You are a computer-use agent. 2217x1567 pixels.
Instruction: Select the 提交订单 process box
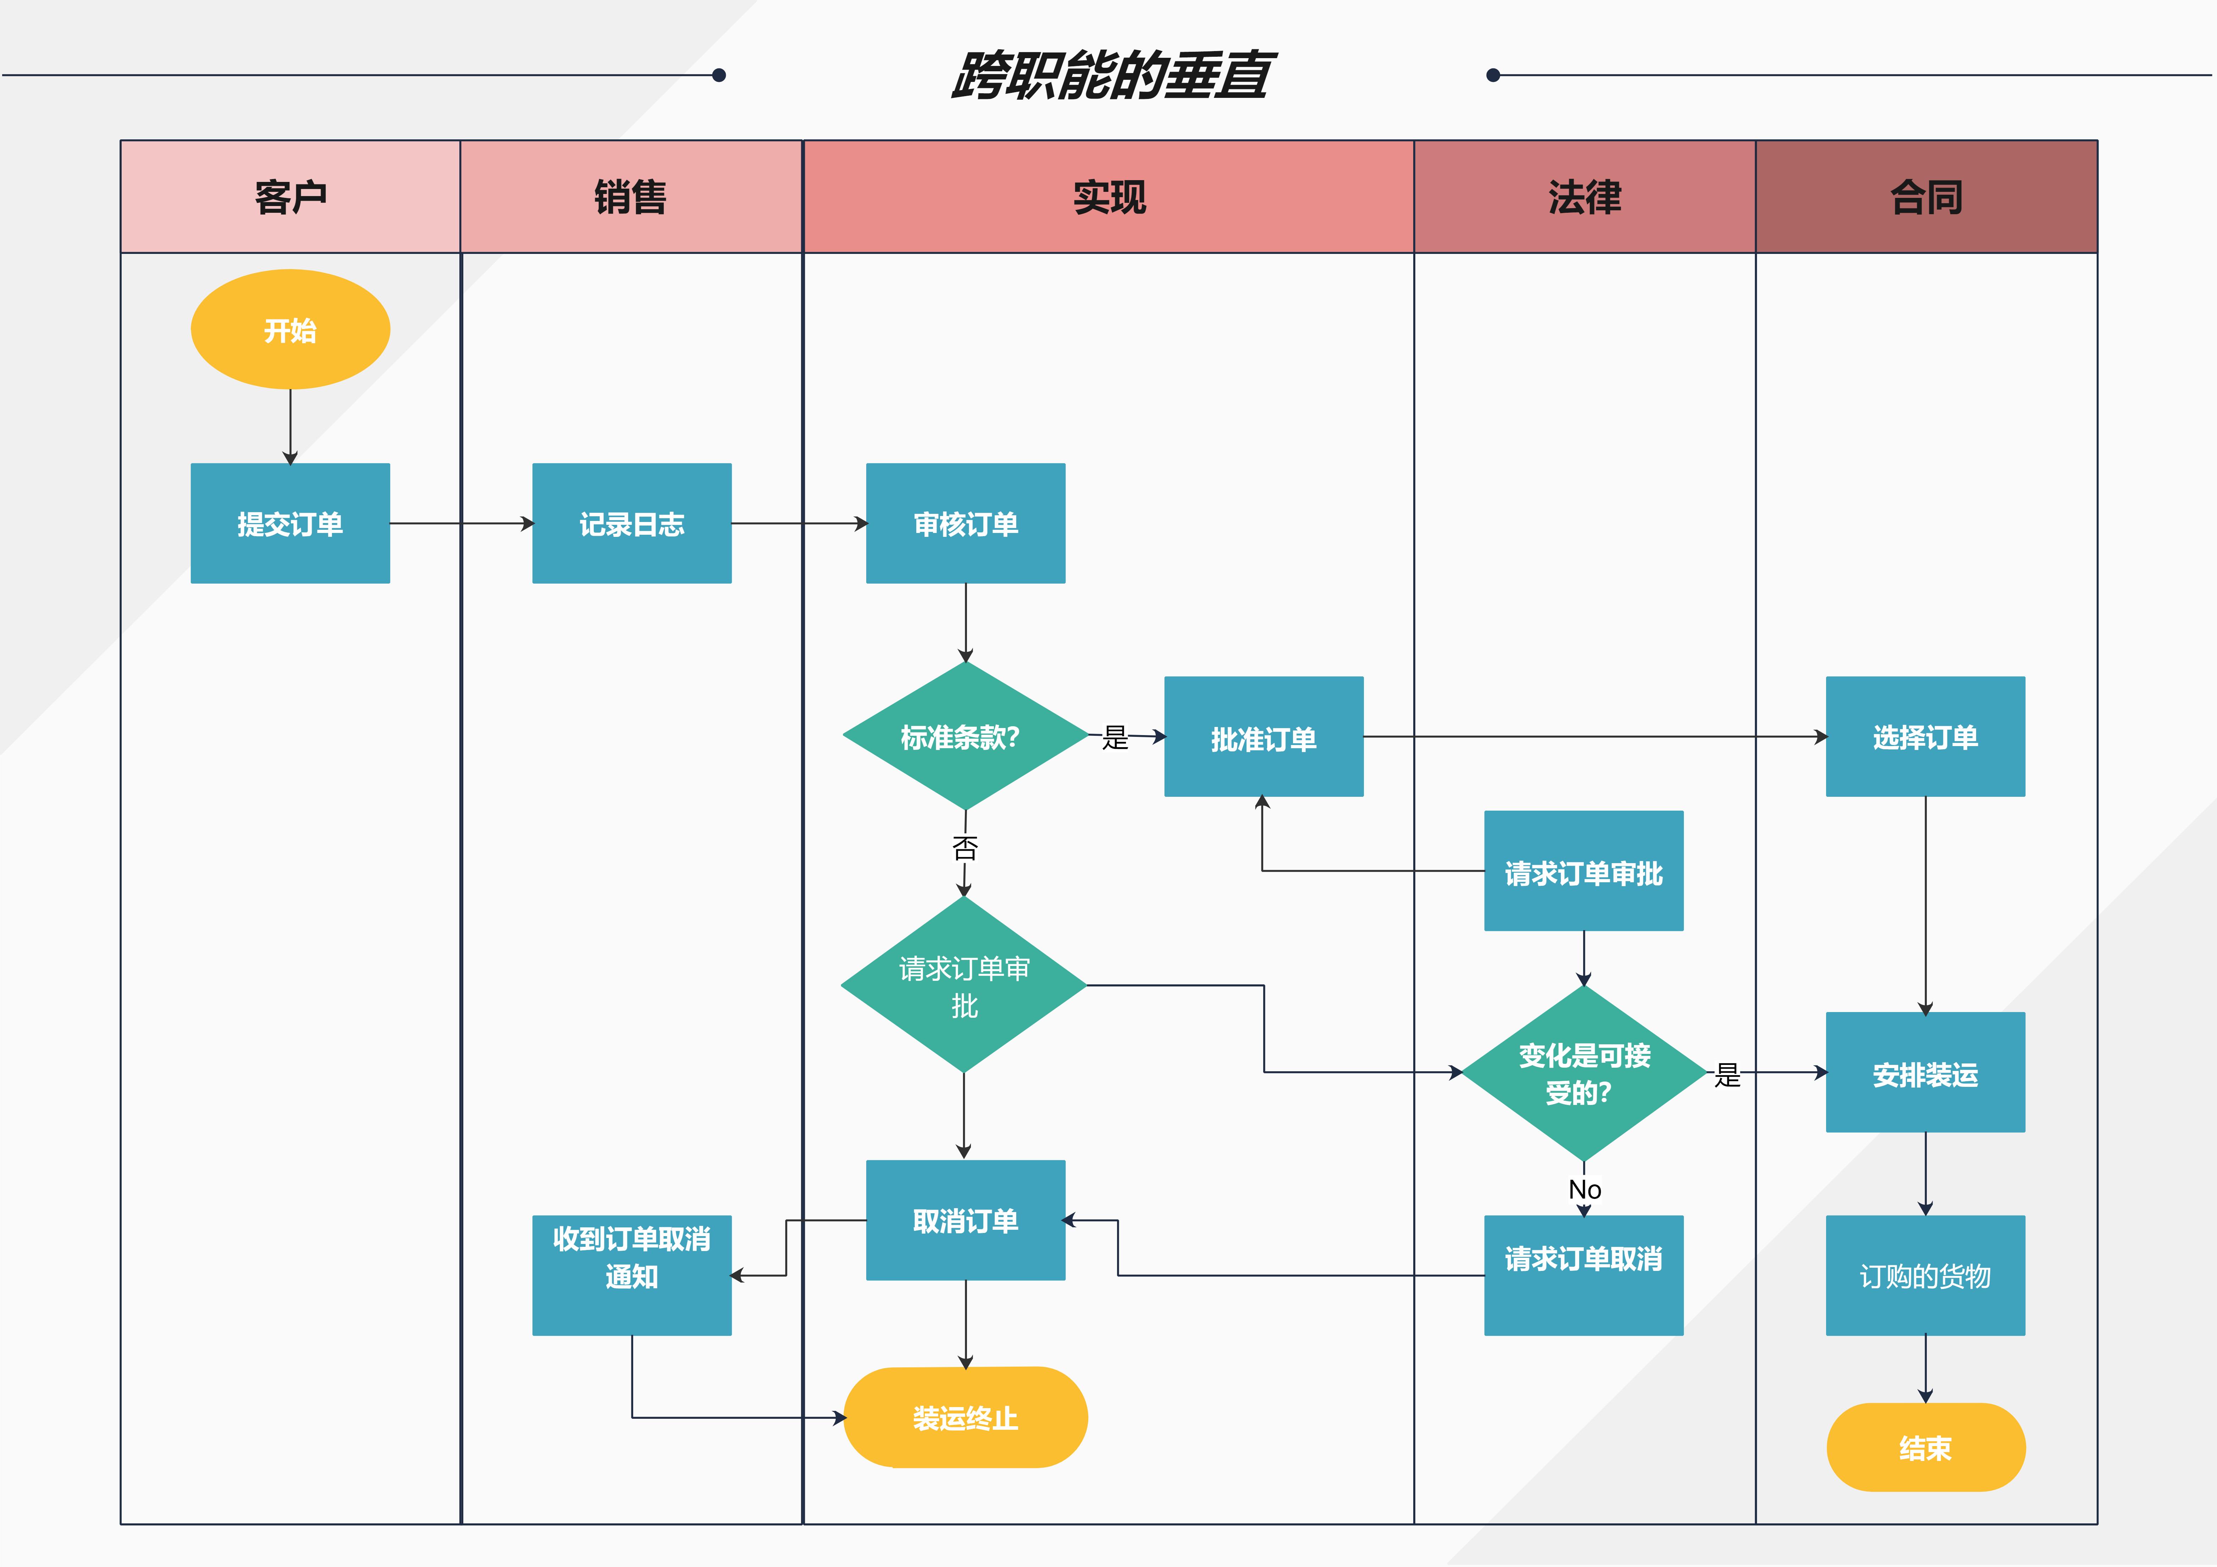pos(290,523)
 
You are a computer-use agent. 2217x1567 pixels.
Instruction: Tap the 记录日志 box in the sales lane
pos(631,523)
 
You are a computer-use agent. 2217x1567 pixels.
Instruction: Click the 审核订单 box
pos(966,523)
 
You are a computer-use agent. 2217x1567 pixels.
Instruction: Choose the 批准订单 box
pos(1263,738)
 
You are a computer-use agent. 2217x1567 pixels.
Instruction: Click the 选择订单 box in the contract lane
pos(1924,737)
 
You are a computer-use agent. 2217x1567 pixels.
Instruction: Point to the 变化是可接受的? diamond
pos(1583,1073)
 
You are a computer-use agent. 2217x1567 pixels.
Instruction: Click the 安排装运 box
pos(1924,1073)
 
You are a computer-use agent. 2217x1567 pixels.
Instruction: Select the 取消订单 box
pos(966,1221)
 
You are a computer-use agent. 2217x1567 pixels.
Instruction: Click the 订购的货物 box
pos(1924,1276)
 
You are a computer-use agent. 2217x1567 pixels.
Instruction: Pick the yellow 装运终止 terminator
pos(966,1417)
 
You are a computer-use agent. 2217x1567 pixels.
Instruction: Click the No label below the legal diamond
pos(1585,1189)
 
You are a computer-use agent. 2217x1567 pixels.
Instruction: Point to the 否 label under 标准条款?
pos(964,848)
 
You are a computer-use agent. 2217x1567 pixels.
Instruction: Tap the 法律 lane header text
pos(1585,197)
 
